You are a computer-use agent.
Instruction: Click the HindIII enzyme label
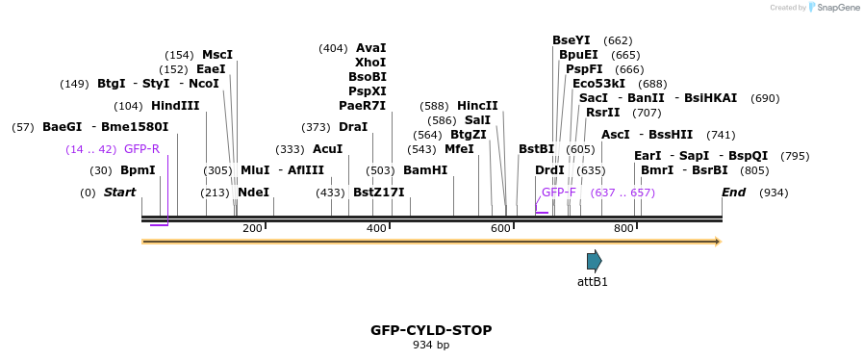point(175,106)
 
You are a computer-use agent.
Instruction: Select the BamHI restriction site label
point(425,170)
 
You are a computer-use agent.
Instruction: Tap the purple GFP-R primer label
point(141,149)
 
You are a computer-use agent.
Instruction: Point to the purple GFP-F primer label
point(559,193)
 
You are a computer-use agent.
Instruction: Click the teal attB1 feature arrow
point(595,261)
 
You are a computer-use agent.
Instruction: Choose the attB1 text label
point(593,282)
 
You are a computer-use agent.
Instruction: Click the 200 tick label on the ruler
point(252,228)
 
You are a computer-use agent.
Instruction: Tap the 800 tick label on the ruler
point(623,228)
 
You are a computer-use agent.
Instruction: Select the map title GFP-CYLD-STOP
point(431,330)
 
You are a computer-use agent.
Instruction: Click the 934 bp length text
point(431,345)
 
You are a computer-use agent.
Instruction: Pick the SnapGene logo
point(835,8)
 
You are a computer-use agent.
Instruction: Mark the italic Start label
point(120,193)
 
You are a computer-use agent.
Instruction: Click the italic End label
point(734,193)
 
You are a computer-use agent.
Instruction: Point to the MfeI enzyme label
point(459,149)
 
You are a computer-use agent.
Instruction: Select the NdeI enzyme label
point(253,193)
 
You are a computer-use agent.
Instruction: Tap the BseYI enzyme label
point(572,40)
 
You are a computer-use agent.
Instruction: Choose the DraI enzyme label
point(353,127)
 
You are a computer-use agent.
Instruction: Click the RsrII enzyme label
point(603,113)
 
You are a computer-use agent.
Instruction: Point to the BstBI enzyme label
point(537,149)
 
